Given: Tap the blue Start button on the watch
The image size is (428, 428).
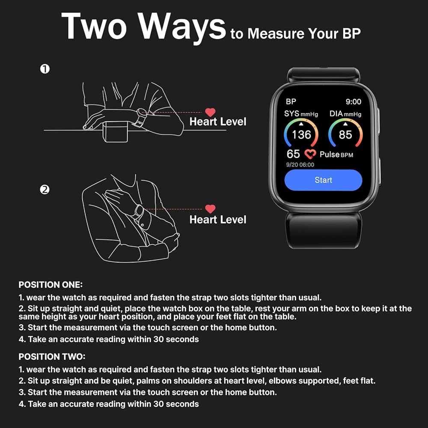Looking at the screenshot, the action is [x=323, y=180].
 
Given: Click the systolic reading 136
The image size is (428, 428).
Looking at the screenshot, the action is [x=301, y=134].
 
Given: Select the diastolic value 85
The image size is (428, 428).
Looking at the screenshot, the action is [x=345, y=134].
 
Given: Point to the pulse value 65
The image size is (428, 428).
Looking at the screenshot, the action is [x=293, y=154].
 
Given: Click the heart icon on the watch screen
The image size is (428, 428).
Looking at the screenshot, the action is [x=310, y=154].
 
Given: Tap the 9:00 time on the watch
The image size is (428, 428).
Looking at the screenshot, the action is [x=353, y=101].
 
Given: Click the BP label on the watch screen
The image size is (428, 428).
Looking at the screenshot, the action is [x=291, y=101].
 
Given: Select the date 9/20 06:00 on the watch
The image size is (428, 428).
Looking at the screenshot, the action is [x=300, y=165].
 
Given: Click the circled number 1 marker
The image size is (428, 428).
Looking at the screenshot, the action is [x=45, y=69].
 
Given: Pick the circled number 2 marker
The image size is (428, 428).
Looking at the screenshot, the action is [x=45, y=190].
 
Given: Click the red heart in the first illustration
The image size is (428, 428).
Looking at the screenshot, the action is [x=210, y=113].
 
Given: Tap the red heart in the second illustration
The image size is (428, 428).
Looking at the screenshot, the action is [x=210, y=209].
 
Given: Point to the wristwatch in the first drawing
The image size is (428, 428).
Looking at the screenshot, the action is [x=140, y=116].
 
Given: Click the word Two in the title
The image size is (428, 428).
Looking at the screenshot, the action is [x=94, y=27].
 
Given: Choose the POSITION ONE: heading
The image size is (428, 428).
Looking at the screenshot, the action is [x=51, y=285].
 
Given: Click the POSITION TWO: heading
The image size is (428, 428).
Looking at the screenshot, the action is [x=52, y=357].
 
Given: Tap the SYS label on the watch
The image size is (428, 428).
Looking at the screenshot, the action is [x=292, y=114].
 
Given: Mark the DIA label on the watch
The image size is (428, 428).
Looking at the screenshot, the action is [x=336, y=114].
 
